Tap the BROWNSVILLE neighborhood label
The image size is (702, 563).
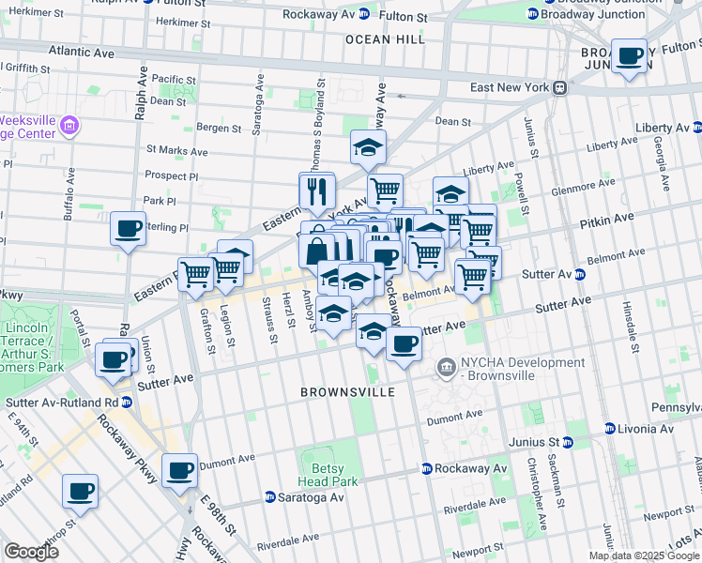point(348,391)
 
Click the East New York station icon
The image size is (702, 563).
point(560,88)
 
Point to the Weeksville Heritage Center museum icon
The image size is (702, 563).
point(69,126)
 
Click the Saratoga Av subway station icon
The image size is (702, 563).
point(270,497)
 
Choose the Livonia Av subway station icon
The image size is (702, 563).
point(609,429)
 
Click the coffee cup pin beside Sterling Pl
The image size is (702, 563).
point(128,228)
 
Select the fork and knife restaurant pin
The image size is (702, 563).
point(317,190)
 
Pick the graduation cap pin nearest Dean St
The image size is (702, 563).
point(368,146)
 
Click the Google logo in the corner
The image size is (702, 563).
point(31,552)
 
